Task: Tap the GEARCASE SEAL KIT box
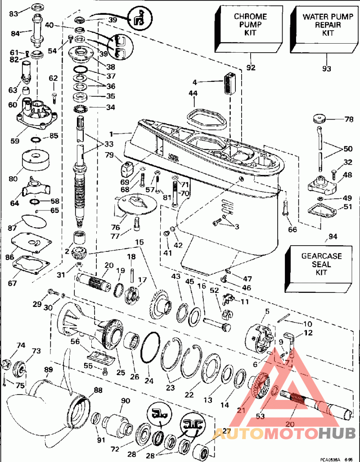click(321, 265)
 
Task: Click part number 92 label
click(251, 67)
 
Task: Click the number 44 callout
click(193, 93)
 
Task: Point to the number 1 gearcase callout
click(111, 134)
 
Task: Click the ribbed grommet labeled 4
click(229, 82)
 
